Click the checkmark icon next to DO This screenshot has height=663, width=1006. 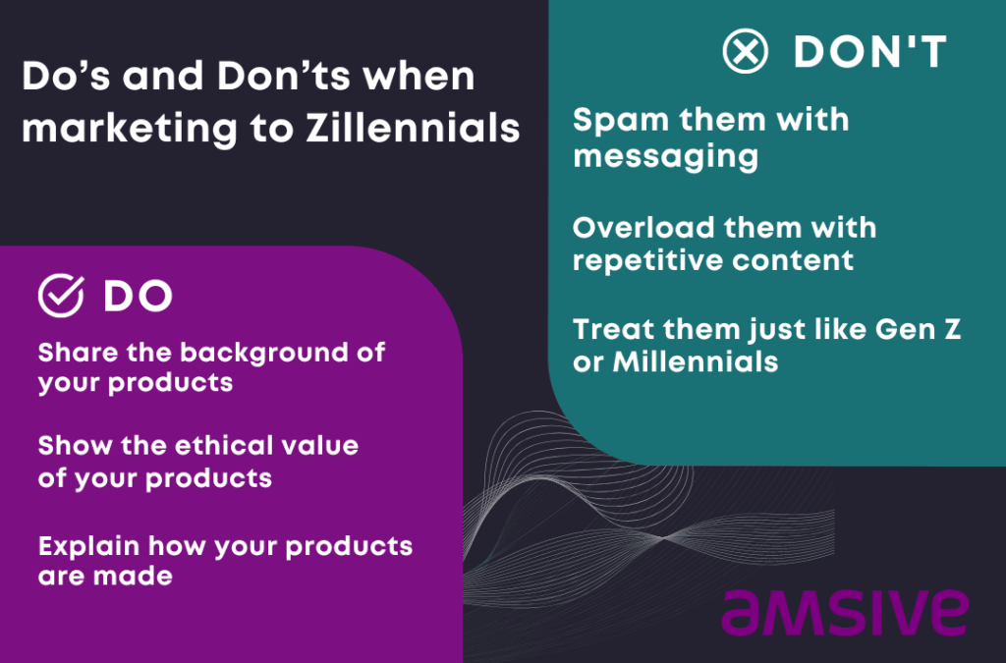pyautogui.click(x=60, y=295)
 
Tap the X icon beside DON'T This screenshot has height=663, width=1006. pyautogui.click(x=746, y=51)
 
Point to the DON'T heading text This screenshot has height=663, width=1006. pyautogui.click(x=869, y=52)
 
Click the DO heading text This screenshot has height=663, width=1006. pyautogui.click(x=138, y=297)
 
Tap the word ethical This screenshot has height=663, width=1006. pyautogui.click(x=217, y=446)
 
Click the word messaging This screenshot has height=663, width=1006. pyautogui.click(x=665, y=155)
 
